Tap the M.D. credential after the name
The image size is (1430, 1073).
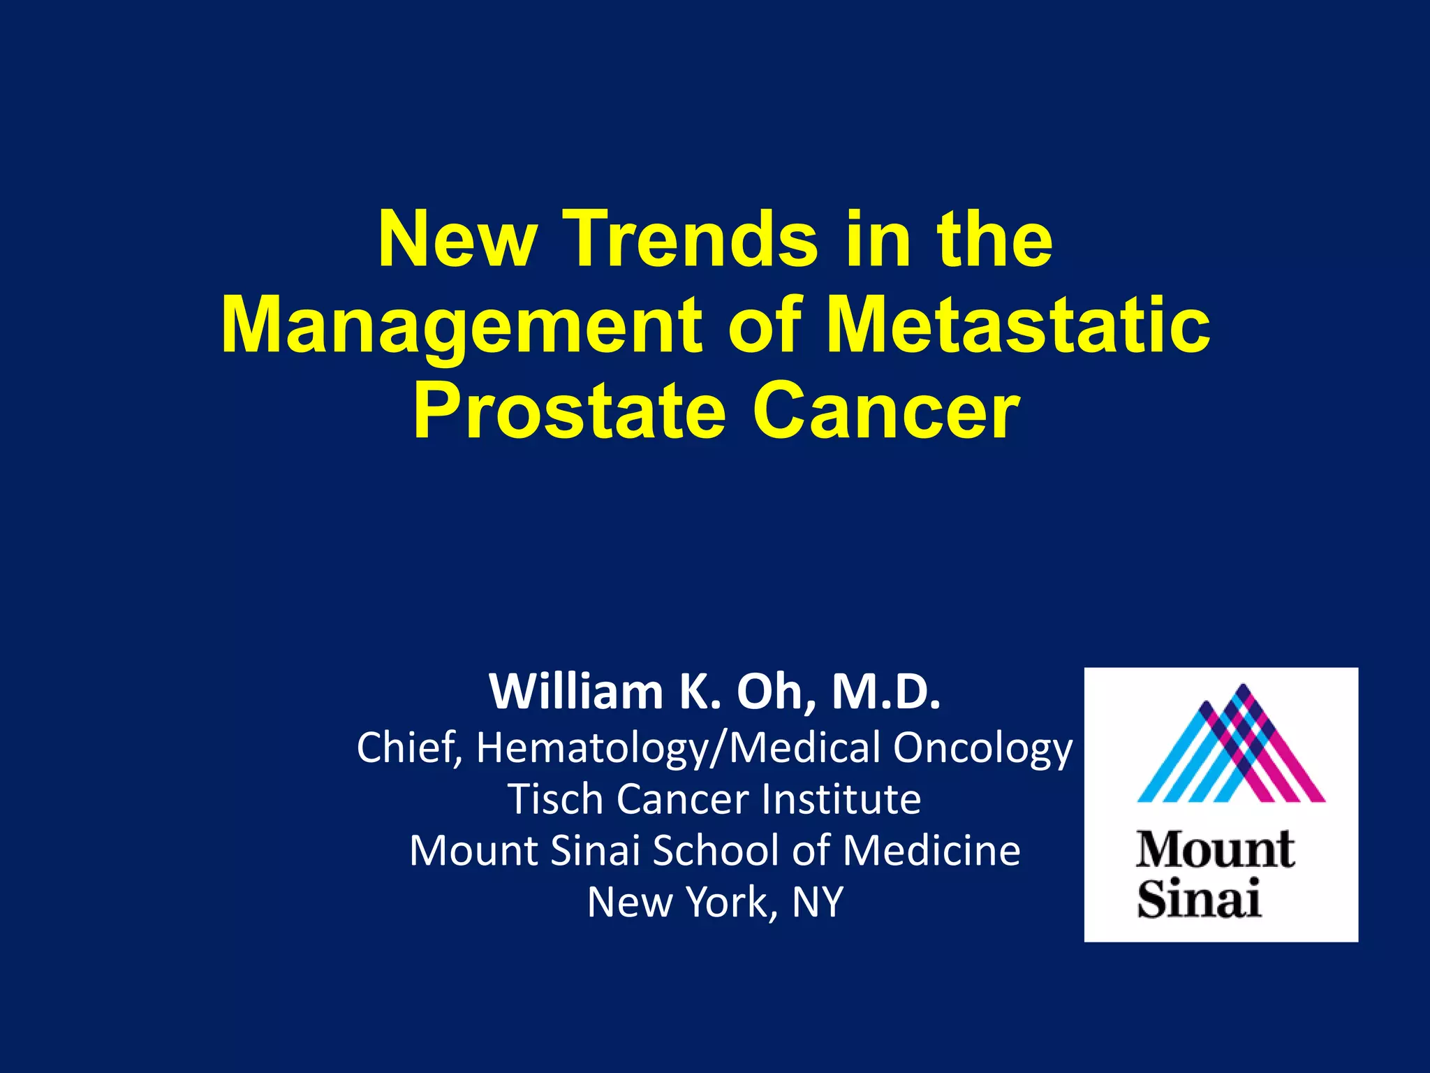coord(886,692)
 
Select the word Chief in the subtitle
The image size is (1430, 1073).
coord(408,747)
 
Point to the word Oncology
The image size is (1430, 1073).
coord(982,747)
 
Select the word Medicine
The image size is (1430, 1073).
coord(931,850)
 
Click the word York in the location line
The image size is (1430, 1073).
coord(731,902)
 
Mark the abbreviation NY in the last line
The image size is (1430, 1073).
coord(818,902)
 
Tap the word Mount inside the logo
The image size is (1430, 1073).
coord(1215,850)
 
